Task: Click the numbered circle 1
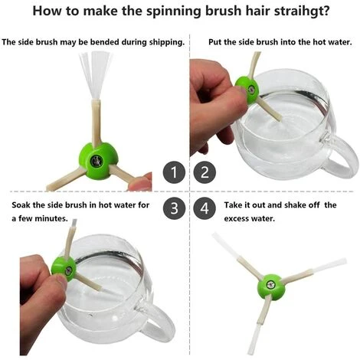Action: [x=174, y=172]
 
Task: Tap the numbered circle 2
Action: [x=205, y=172]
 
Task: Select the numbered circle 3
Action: [x=174, y=208]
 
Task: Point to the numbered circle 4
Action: [x=205, y=208]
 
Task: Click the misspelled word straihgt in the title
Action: [x=302, y=11]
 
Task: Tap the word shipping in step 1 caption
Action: [x=166, y=42]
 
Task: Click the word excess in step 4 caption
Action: [x=236, y=219]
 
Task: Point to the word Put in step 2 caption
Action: [x=214, y=42]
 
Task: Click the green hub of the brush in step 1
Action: [x=98, y=161]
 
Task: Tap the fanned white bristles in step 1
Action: [x=96, y=75]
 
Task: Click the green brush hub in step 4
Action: [x=271, y=287]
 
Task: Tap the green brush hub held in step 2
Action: [x=247, y=90]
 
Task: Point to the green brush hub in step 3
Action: [x=64, y=269]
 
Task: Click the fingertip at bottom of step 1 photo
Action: [x=140, y=182]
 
